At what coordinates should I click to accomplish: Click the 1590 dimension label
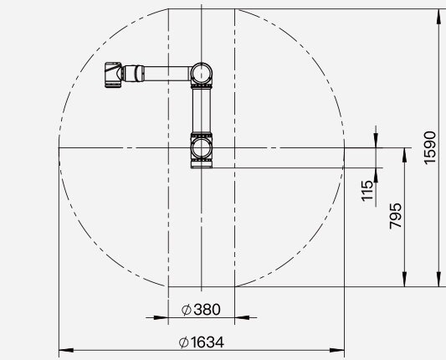pyautogui.click(x=430, y=147)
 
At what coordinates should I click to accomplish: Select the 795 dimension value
pyautogui.click(x=395, y=216)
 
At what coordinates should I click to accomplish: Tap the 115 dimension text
pyautogui.click(x=367, y=191)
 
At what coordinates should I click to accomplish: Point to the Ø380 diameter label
pyautogui.click(x=201, y=310)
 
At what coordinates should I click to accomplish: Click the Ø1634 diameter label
pyautogui.click(x=202, y=342)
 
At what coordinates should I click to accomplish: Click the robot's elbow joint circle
pyautogui.click(x=202, y=73)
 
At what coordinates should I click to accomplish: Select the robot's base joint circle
pyautogui.click(x=202, y=148)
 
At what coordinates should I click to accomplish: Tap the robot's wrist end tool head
pyautogui.click(x=113, y=75)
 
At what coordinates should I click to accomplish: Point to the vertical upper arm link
pyautogui.click(x=202, y=110)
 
